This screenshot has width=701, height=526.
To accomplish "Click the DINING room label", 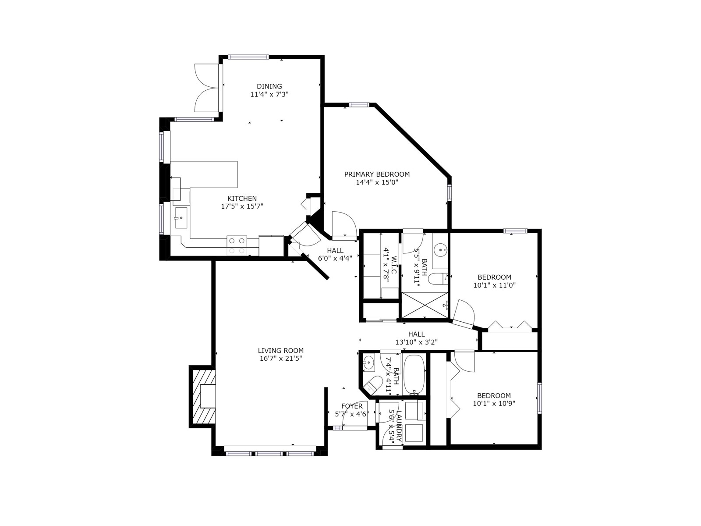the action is (269, 86).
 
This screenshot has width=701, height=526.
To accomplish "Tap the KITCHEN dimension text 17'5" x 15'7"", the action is (242, 206).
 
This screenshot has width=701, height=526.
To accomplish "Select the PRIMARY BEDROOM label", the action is (377, 174).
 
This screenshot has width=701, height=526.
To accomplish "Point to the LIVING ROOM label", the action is (281, 350).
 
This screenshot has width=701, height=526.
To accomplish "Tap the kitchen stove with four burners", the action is (237, 246).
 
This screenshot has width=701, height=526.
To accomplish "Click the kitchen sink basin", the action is (181, 218).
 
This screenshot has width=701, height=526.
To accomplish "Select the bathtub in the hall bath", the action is (414, 375).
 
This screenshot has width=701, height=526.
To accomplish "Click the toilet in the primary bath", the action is (438, 279).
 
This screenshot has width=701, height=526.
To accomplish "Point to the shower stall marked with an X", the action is (425, 305).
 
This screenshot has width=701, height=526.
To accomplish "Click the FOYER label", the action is (352, 406).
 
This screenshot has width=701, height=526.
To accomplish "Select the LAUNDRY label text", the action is (398, 426).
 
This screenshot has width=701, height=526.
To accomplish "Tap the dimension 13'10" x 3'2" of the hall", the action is (417, 342).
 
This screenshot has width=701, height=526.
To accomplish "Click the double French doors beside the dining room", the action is (207, 88).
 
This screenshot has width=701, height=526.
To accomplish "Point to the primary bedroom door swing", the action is (344, 225).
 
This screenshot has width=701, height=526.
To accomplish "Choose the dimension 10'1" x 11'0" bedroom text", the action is (494, 285).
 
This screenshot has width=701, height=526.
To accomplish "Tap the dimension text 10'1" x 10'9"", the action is (494, 403).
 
